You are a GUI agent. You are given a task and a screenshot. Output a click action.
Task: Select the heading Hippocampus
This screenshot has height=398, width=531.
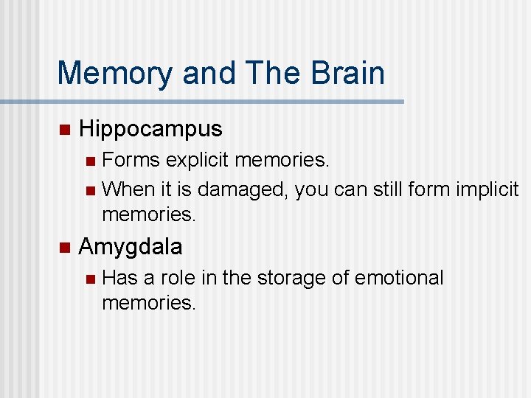[x=150, y=129]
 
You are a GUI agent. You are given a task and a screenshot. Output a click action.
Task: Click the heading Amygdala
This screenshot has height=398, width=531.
[x=130, y=246]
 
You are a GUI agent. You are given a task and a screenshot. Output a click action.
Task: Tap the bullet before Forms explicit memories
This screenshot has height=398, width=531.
[x=90, y=161]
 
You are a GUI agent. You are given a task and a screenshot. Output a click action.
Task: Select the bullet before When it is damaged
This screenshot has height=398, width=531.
[x=90, y=190]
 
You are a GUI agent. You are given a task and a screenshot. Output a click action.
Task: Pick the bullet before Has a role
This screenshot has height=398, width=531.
[x=90, y=279]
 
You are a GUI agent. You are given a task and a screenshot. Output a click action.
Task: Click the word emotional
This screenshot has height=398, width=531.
[x=399, y=278]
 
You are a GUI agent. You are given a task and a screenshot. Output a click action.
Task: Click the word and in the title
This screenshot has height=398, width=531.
[x=209, y=73]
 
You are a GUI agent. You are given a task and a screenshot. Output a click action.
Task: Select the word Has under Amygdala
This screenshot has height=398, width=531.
[x=119, y=278]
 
